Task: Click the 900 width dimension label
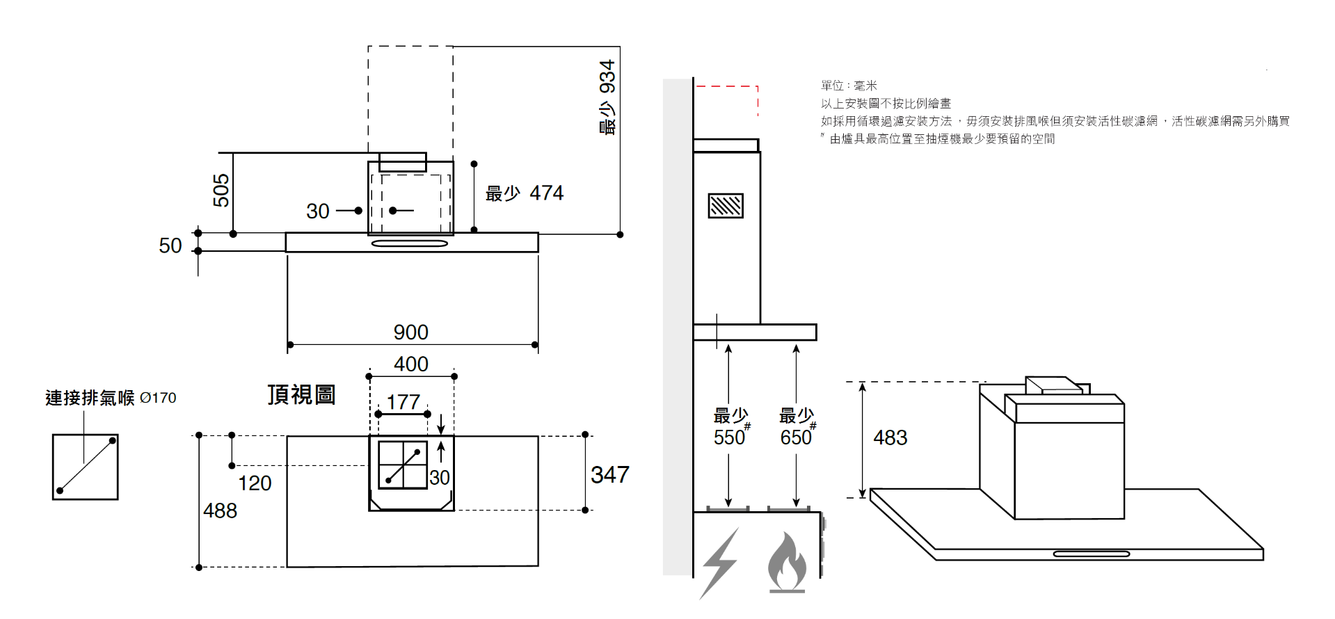(x=410, y=332)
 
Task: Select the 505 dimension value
(x=221, y=190)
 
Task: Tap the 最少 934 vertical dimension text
(x=607, y=97)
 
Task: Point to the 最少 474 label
(x=524, y=193)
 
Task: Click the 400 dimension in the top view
(x=410, y=364)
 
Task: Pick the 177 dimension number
(x=403, y=401)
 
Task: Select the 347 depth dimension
(x=609, y=474)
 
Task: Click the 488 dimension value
(x=220, y=511)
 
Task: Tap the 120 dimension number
(x=255, y=483)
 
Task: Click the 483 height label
(x=890, y=437)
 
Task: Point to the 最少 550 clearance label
(x=730, y=427)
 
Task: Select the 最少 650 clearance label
(x=797, y=427)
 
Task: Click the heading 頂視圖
(x=301, y=394)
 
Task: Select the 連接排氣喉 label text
(x=90, y=398)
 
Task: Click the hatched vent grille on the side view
(x=725, y=206)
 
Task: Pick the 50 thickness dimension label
(x=170, y=246)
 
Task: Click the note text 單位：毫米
(x=849, y=86)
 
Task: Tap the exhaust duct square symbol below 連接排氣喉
(x=86, y=467)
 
